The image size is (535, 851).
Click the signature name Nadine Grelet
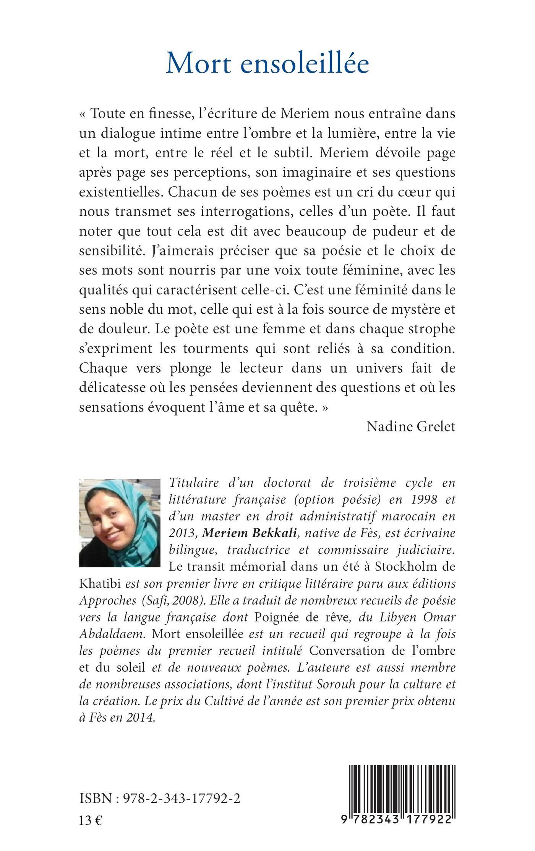411,426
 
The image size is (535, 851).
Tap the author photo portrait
120,523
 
